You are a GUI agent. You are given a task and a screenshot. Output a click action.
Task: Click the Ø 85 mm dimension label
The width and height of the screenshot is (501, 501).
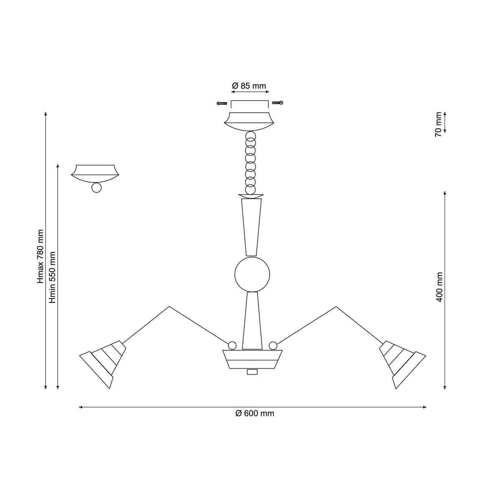tap(249, 86)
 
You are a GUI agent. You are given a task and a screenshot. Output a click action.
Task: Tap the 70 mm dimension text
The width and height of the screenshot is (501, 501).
tap(439, 124)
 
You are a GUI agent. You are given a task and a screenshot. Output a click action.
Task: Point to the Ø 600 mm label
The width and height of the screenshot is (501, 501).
tap(255, 413)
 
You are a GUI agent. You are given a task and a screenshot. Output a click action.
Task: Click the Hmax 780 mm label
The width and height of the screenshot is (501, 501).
tap(41, 256)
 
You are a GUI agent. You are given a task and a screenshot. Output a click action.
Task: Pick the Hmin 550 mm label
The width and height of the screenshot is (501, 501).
tap(53, 277)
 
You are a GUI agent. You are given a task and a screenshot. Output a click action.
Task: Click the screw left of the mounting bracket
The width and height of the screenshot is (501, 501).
tap(222, 103)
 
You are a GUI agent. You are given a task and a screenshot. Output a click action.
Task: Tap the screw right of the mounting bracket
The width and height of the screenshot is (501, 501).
tap(277, 103)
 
